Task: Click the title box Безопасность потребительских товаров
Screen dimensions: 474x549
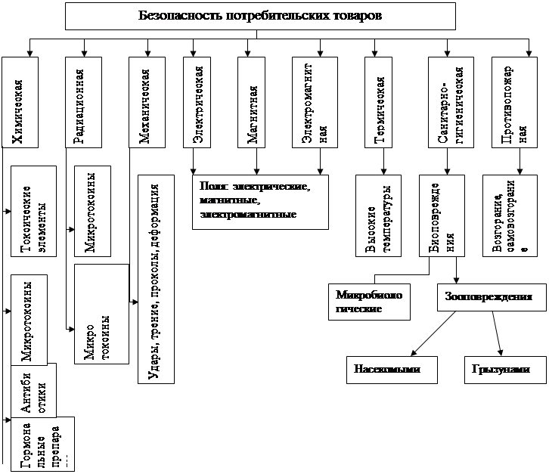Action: pos(260,15)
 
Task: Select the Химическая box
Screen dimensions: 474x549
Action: pos(29,101)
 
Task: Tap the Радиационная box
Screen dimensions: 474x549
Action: pos(83,101)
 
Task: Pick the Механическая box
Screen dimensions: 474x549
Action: pos(148,101)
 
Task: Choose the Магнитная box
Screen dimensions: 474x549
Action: pos(256,101)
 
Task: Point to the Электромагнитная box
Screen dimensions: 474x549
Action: pos(320,101)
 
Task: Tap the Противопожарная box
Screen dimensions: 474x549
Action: pos(517,101)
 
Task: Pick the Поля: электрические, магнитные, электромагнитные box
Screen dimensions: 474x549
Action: pos(260,201)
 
